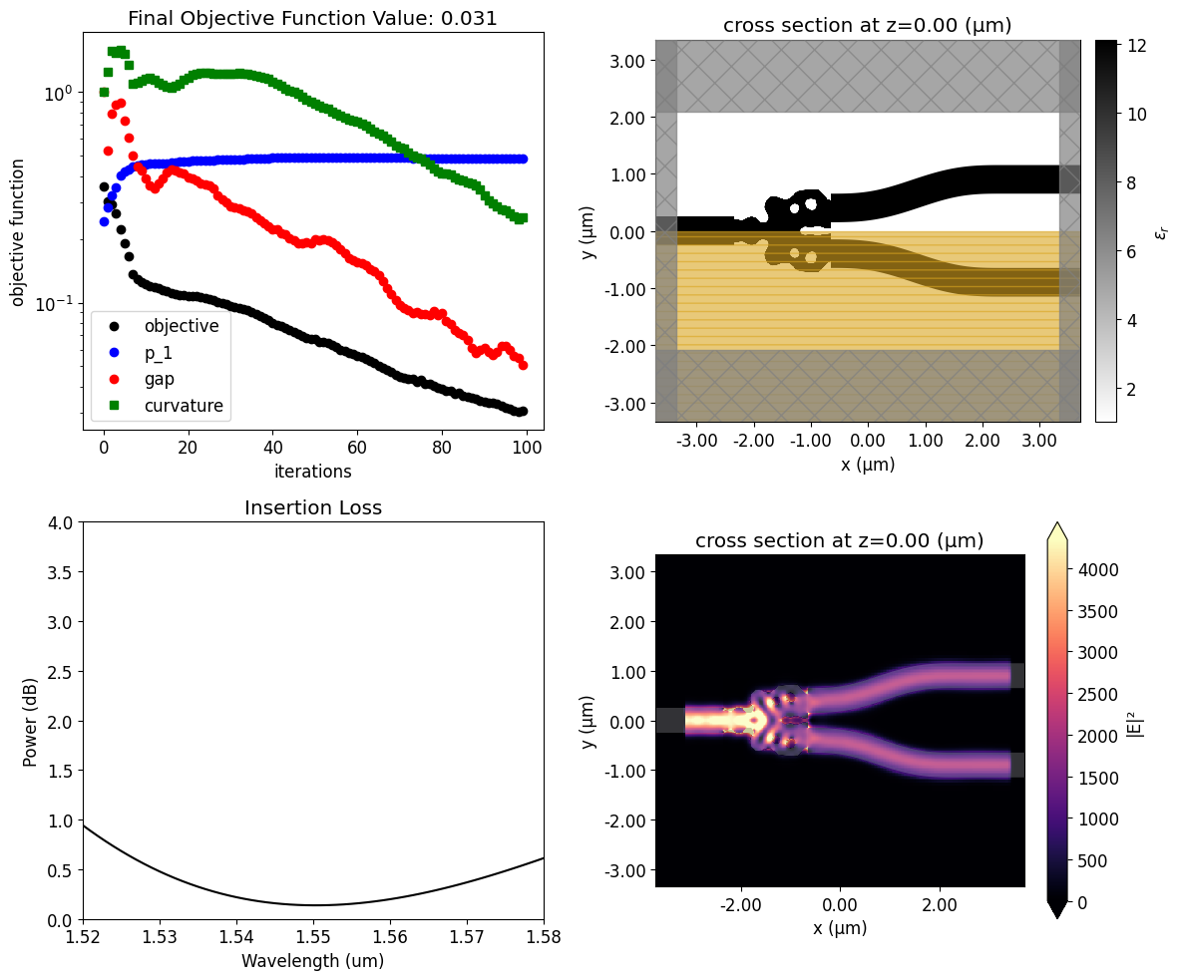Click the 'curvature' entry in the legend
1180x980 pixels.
(x=184, y=406)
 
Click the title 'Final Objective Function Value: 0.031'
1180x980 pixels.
(x=313, y=18)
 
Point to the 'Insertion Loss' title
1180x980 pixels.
(x=313, y=507)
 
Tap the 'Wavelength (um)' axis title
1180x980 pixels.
(x=313, y=961)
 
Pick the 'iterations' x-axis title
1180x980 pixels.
(x=313, y=471)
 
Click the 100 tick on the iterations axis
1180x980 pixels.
(x=526, y=448)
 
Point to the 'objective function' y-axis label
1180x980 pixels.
(x=17, y=231)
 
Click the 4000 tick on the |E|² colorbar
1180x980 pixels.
(x=1096, y=570)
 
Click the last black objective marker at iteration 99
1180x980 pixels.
(x=522, y=411)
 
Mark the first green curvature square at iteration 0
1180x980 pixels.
(x=104, y=92)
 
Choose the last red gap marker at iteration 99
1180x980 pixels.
(x=522, y=365)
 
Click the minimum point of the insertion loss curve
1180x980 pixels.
(x=313, y=905)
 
